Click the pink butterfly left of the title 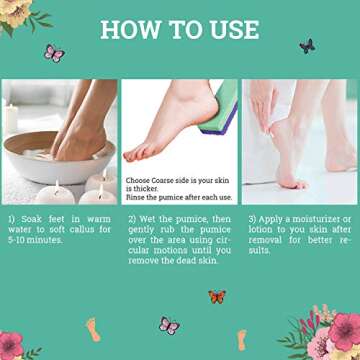(x=53, y=52)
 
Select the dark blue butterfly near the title (x=307, y=46)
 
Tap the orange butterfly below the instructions (x=216, y=297)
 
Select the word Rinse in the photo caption (x=138, y=198)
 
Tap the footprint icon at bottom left (x=93, y=328)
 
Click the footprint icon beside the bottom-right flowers (x=242, y=338)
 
